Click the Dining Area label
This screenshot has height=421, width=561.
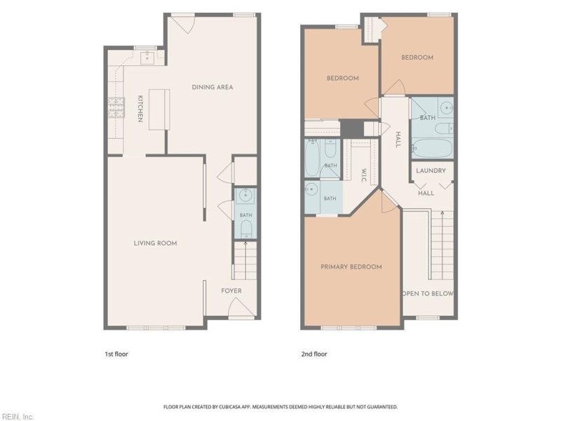coord(212,87)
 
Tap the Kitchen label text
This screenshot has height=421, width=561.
coord(141,109)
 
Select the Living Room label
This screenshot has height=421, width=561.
coord(155,243)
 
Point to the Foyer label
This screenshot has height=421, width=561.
coord(231,290)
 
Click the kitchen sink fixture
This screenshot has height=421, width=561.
coord(147,58)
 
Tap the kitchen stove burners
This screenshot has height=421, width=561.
coord(116,108)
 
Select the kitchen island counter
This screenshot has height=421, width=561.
coord(159,110)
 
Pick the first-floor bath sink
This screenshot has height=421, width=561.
coord(246,196)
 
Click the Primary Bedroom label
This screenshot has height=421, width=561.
coord(351,267)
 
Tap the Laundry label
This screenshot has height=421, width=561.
coord(431,171)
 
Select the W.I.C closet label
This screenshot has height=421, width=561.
coord(364,175)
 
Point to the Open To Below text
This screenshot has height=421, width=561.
coord(428,293)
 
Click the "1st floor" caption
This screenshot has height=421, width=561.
coord(116,354)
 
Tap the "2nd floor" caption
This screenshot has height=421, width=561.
coord(314,354)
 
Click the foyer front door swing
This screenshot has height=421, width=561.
coord(241,307)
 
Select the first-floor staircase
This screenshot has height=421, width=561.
coord(245,260)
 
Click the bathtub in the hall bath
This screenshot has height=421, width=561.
coord(432,148)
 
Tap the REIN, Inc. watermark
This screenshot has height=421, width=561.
coord(17,417)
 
